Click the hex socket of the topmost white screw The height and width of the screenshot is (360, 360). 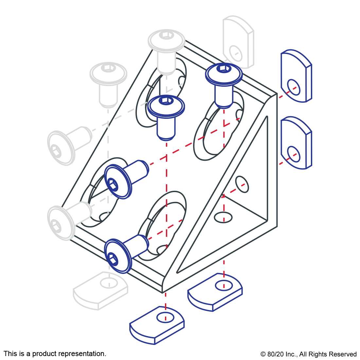click(167, 34)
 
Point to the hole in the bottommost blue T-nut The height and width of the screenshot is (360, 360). click(166, 317)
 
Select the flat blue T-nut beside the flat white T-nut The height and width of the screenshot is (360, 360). click(214, 291)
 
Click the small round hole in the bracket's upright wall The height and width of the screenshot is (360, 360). click(242, 184)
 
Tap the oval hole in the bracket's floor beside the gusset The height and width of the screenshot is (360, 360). click(223, 217)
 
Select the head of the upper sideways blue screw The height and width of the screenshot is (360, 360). click(117, 182)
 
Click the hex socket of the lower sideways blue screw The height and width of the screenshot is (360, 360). click(113, 259)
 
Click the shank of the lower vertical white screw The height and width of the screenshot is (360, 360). click(108, 95)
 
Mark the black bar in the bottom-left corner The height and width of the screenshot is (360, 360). click(55, 354)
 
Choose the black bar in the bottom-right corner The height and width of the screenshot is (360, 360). click(308, 355)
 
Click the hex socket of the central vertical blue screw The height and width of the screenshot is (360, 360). click(166, 100)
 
